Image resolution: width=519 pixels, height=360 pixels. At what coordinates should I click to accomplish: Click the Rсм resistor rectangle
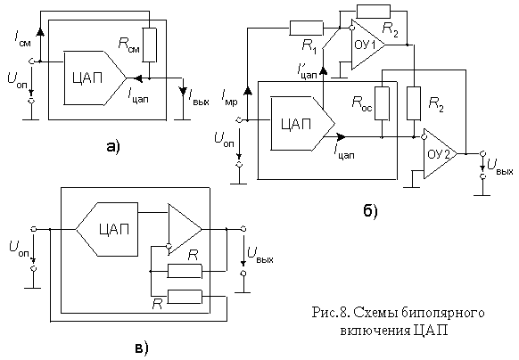(x=149, y=45)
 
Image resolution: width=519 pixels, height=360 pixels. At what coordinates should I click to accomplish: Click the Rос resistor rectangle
(x=382, y=103)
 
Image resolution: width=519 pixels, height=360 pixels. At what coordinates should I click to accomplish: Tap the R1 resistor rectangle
(x=306, y=28)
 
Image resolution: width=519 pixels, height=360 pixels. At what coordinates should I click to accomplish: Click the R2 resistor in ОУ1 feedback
(x=373, y=12)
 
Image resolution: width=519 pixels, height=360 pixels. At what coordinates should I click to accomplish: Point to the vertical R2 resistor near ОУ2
(x=414, y=103)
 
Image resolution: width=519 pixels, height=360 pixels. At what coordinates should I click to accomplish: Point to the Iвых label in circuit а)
(x=199, y=98)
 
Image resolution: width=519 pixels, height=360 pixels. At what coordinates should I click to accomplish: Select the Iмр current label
(x=229, y=98)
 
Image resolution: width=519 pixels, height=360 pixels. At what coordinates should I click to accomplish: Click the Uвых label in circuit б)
(x=500, y=168)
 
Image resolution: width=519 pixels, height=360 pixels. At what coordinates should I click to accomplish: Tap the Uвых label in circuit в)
(x=260, y=255)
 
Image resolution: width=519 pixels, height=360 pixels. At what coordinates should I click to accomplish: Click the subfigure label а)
(x=113, y=146)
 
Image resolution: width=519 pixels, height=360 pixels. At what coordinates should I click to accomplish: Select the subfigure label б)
(x=370, y=210)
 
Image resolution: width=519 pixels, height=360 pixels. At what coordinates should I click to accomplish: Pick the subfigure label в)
(x=142, y=348)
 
